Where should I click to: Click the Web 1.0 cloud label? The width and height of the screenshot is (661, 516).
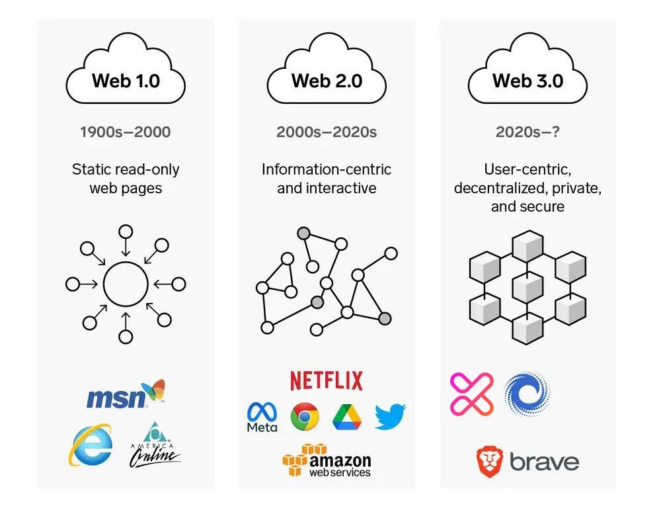point(126,81)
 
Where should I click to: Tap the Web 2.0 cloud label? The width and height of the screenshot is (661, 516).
point(327,81)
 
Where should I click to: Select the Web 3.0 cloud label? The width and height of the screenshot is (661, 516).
point(527,81)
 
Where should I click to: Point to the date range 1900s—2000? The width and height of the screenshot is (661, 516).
point(126,132)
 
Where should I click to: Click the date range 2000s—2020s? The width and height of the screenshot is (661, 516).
point(327,132)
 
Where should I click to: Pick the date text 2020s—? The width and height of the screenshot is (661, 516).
point(527,132)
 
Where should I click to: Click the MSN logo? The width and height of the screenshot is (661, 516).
point(126,396)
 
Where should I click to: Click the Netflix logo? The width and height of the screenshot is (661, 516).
point(327,380)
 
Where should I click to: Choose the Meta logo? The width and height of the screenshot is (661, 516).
point(262,417)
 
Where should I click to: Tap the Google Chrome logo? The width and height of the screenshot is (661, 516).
point(305,416)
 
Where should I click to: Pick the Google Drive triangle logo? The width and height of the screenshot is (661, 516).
point(348,416)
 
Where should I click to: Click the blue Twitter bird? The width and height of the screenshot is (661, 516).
point(390,417)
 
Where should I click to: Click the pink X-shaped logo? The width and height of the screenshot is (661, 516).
point(471,394)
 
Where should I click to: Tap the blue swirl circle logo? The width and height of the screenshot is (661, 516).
point(527,394)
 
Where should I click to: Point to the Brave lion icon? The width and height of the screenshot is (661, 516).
point(490,461)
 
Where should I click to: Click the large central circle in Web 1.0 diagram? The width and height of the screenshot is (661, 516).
point(126,284)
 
